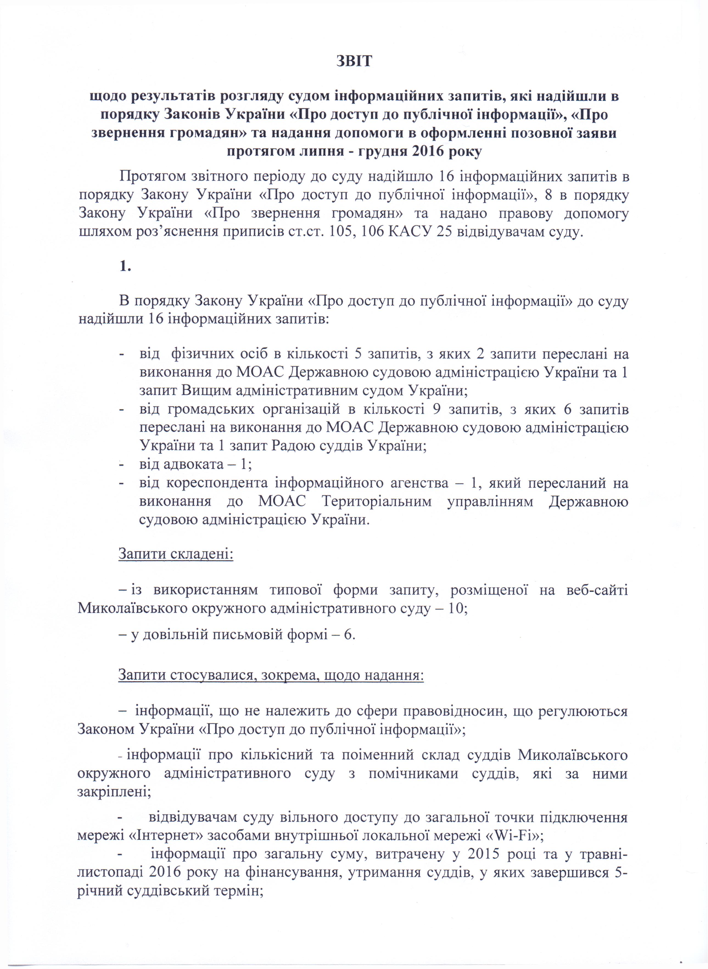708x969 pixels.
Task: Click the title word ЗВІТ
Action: click(x=354, y=61)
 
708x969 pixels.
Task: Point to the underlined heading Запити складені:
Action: click(x=176, y=554)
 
